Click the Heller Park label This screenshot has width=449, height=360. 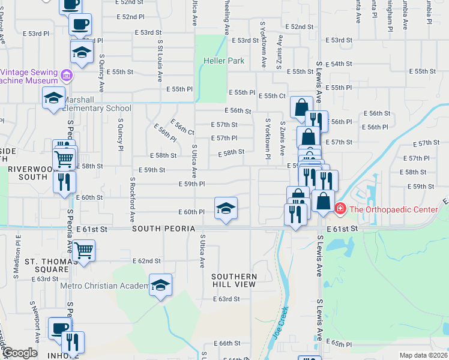point(223,61)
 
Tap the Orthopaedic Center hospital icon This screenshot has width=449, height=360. point(340,209)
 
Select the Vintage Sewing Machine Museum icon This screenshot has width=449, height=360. point(66,76)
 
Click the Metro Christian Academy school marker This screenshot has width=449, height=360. point(160,284)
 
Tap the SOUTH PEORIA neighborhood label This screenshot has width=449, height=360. point(163,229)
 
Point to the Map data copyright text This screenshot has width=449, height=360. point(423,355)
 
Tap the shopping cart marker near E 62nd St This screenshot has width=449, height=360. point(83,250)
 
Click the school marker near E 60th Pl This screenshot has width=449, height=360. point(226,208)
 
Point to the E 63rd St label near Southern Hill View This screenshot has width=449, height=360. point(226,298)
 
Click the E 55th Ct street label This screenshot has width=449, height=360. point(271,96)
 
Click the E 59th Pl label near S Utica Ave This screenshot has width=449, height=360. point(192,184)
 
